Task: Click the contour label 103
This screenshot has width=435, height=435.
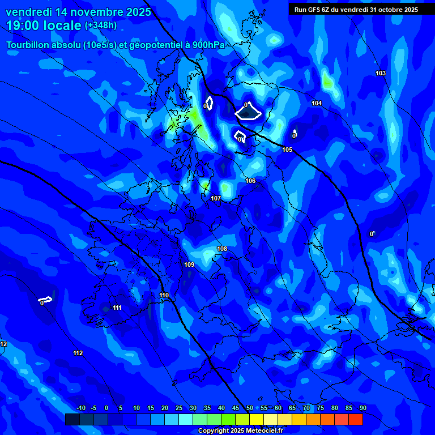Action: pos(381,74)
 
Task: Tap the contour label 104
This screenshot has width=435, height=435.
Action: pos(317,103)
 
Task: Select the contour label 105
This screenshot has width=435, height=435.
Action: pos(287,150)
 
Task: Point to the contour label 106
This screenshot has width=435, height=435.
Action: pos(250,181)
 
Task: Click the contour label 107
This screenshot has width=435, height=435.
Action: pos(216,199)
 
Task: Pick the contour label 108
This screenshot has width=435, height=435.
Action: pos(222,249)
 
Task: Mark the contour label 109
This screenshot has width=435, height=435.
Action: pos(189,265)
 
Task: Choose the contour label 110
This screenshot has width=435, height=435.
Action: pos(164,295)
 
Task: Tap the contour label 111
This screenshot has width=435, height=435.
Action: pos(117,308)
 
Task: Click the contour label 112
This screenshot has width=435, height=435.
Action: pos(78,353)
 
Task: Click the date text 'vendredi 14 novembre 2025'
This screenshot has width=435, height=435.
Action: pos(79,12)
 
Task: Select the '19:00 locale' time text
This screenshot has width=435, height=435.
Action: pos(44,26)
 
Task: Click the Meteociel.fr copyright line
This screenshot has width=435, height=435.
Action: pos(240,431)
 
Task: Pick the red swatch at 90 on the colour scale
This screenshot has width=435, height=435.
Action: pos(356,419)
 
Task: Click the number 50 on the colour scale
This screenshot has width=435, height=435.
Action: pos(250,408)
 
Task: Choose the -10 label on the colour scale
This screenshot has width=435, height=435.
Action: pos(80,408)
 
